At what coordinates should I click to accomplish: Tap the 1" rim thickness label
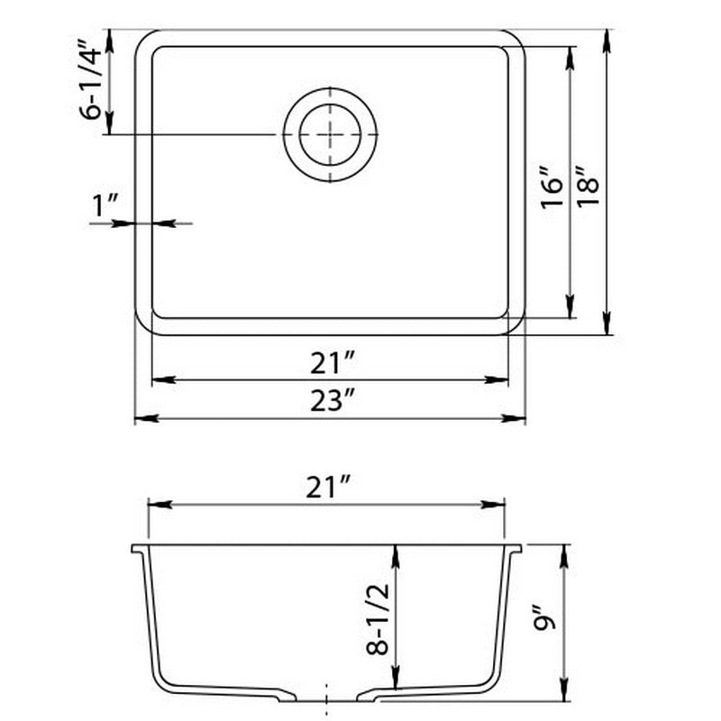[106, 207]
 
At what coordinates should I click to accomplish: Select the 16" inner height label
[552, 187]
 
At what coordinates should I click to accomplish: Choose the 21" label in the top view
[330, 364]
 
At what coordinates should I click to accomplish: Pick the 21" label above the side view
[327, 488]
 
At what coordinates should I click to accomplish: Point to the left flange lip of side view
[136, 548]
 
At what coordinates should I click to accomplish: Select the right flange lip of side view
[516, 548]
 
